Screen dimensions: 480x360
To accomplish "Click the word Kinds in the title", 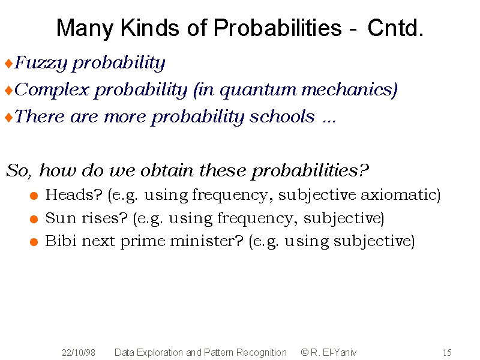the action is [x=149, y=28].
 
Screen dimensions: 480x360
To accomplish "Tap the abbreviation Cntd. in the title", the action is [x=395, y=28].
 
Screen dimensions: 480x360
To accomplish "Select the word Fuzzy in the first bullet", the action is [x=41, y=63].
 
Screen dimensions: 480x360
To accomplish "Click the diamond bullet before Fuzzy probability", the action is [x=9, y=64].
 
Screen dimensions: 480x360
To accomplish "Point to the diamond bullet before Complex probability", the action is [x=9, y=91].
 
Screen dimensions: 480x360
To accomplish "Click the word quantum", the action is [x=258, y=91].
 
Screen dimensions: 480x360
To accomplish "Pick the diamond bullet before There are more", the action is [x=9, y=118].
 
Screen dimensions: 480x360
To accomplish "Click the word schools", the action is [x=282, y=116].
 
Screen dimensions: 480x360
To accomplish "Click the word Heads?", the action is [x=74, y=194].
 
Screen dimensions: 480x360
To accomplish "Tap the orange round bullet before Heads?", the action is [x=34, y=196].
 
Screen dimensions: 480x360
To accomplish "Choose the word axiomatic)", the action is [x=400, y=195].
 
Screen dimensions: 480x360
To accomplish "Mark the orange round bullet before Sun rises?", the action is [x=34, y=219].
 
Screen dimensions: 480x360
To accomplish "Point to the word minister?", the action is [x=206, y=241].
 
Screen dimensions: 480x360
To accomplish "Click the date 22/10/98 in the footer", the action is [x=79, y=353].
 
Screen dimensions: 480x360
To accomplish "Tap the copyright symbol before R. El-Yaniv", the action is [x=305, y=352].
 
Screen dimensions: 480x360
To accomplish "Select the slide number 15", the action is [x=447, y=353].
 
